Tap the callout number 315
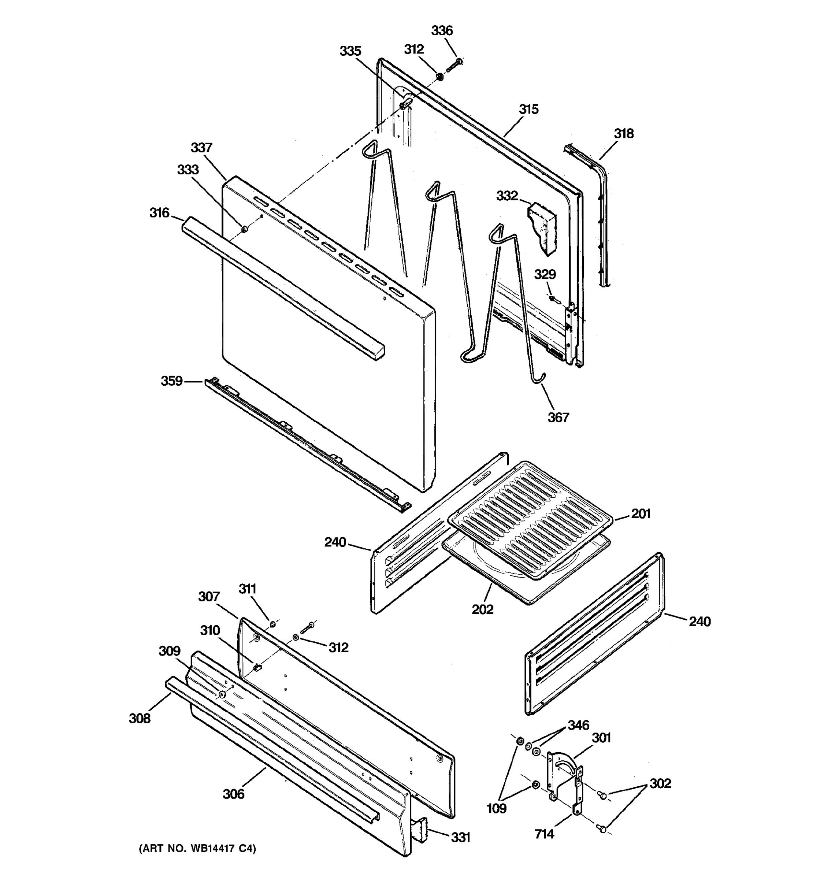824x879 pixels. click(528, 109)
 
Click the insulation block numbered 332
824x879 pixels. click(543, 228)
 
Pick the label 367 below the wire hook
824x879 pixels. click(558, 417)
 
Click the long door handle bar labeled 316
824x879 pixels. click(283, 288)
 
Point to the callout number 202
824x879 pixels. click(482, 609)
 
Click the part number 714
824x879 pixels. click(544, 834)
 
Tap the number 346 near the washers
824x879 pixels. click(578, 725)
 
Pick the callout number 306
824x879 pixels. click(233, 794)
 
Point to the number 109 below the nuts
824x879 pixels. click(497, 808)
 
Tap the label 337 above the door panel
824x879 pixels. click(201, 147)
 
